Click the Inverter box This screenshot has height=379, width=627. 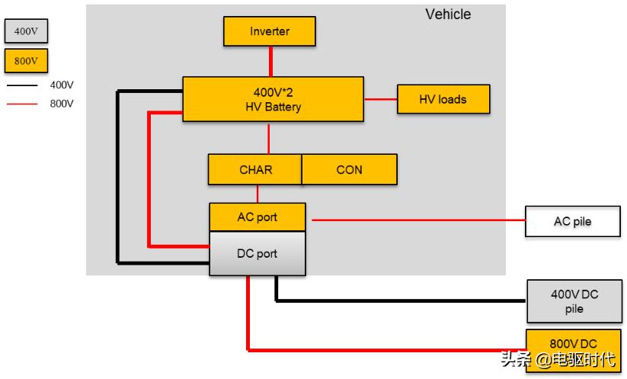(269, 31)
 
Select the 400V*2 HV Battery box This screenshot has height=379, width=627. (272, 99)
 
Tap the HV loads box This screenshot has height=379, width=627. (443, 99)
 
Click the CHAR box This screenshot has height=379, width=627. (254, 169)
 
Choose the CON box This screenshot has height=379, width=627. (349, 169)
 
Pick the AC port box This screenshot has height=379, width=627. (257, 217)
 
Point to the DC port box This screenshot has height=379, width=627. (257, 253)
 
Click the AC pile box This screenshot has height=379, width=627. (572, 222)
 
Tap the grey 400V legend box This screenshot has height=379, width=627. (26, 31)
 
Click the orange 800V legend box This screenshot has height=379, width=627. (26, 60)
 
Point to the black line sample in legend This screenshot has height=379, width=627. (22, 85)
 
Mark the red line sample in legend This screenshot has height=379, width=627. (22, 104)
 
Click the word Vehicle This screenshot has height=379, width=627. (447, 14)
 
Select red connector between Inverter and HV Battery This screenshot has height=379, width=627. (270, 61)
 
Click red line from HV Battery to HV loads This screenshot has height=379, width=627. (380, 99)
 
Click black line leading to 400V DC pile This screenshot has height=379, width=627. (396, 300)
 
